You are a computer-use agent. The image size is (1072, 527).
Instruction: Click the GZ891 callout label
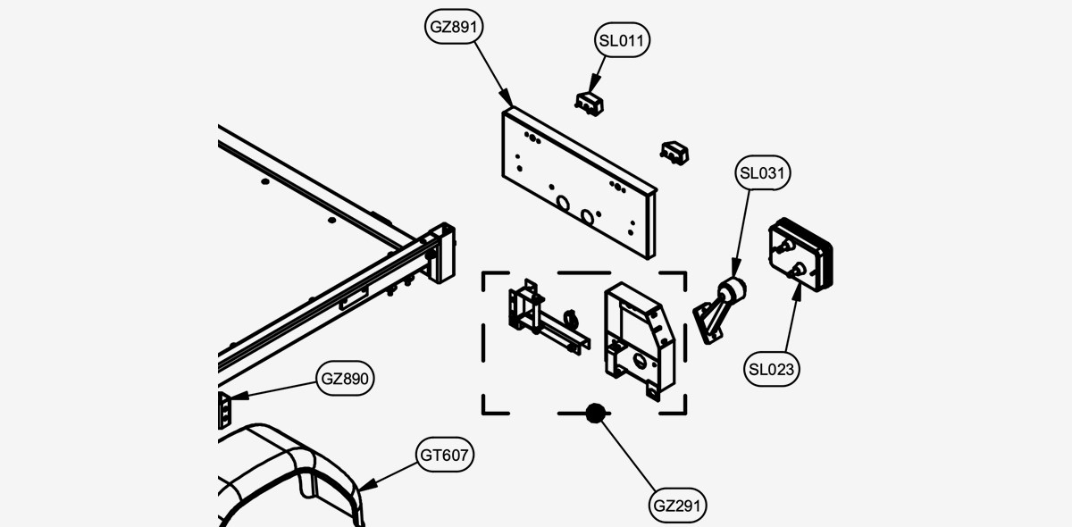pos(454,26)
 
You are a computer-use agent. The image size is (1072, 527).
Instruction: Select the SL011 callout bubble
pos(622,40)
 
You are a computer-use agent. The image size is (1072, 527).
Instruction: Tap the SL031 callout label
pos(762,172)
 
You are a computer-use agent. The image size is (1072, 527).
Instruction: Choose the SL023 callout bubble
pos(771,369)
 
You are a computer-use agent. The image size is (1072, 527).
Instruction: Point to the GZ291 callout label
pos(677,506)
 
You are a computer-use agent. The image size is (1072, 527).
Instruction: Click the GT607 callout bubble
pos(444,455)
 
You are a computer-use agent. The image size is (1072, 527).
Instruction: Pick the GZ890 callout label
pos(345,378)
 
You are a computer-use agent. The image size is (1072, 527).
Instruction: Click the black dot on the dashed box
pos(595,413)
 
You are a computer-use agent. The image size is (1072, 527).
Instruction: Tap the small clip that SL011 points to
pos(589,104)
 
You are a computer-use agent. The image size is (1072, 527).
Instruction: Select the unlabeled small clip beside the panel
pos(674,153)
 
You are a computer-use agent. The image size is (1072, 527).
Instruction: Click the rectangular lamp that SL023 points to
pos(800,255)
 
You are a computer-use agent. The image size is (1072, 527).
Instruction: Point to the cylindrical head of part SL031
pos(732,290)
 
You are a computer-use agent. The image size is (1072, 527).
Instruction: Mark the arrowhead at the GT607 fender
pos(367,485)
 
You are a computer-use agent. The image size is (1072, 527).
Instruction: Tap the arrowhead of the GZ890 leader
pos(239,396)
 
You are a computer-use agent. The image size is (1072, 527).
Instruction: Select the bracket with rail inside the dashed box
pos(548,316)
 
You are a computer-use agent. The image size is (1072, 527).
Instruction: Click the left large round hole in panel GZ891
pos(563,204)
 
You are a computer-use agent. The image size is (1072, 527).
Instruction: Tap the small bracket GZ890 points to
pos(224,410)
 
